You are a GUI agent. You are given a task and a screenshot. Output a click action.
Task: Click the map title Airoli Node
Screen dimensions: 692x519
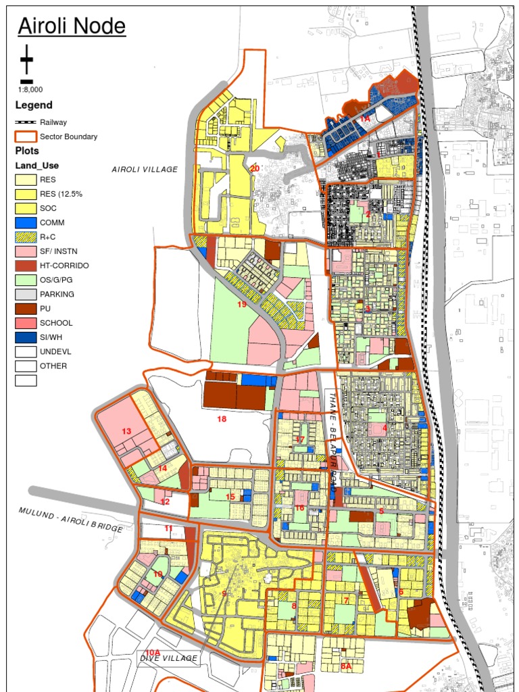point(72,26)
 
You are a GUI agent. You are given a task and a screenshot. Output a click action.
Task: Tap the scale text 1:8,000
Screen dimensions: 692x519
point(30,89)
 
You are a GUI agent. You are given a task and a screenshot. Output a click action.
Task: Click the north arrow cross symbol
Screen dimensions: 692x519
point(26,60)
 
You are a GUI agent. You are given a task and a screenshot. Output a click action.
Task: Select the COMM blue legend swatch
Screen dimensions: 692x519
point(26,222)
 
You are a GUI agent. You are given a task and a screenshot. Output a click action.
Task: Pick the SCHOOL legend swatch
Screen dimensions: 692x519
point(26,323)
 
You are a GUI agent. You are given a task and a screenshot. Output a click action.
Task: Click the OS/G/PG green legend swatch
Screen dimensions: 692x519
point(26,280)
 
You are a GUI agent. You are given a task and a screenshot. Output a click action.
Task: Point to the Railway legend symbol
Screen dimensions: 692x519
point(26,122)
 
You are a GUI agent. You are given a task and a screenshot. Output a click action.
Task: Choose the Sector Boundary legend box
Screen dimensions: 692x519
point(26,137)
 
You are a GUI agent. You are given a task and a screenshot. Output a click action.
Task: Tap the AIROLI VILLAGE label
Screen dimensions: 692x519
point(145,170)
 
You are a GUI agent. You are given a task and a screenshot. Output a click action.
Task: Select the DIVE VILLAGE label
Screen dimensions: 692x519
point(169,658)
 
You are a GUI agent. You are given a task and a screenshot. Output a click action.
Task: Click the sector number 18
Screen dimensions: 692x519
point(222,419)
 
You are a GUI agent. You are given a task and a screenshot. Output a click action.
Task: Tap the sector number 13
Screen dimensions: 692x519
point(126,431)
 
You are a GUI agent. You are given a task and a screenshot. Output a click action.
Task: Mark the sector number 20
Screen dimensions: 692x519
point(254,168)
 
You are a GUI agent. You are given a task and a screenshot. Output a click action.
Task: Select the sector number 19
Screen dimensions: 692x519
point(242,305)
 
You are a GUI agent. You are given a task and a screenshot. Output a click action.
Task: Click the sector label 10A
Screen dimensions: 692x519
point(153,652)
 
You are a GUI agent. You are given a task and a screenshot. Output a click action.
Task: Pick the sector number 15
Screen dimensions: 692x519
point(230,497)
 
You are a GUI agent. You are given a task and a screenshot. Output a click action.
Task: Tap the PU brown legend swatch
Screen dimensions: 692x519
point(26,309)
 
